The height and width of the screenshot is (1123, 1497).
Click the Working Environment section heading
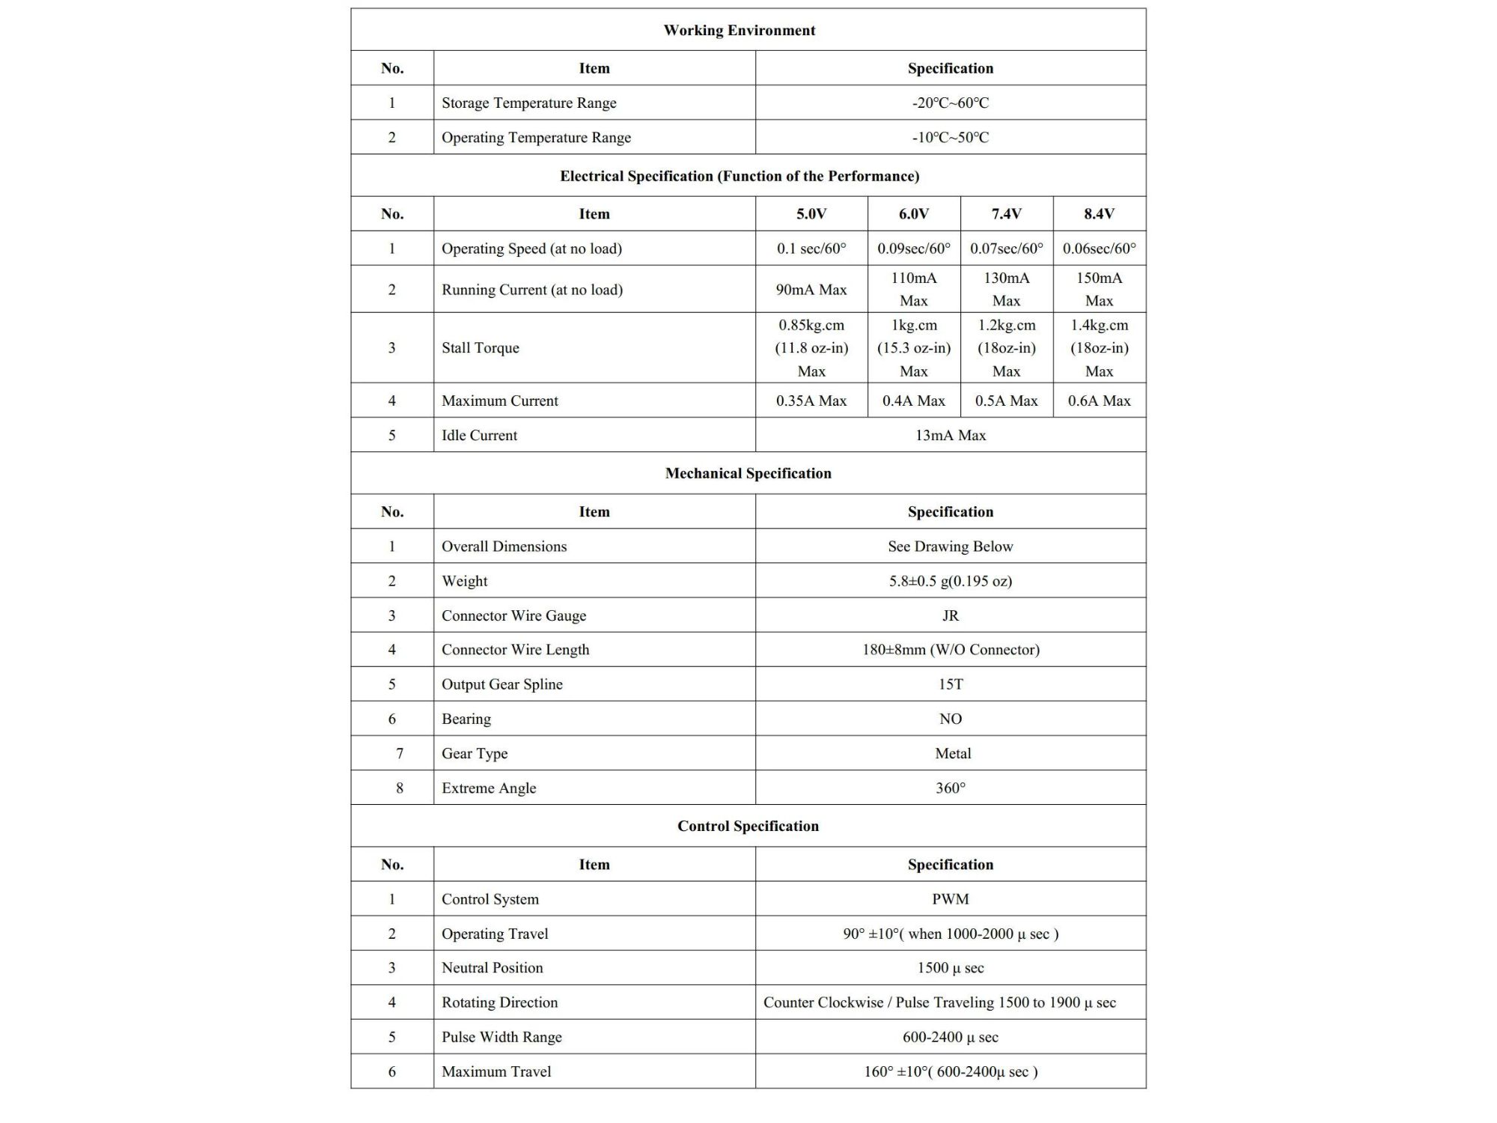739,31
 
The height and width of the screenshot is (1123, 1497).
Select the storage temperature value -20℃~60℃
950,103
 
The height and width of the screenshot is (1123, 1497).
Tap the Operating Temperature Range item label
536,138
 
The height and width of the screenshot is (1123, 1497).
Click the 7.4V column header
1006,214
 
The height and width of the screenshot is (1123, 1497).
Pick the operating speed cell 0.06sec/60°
1099,249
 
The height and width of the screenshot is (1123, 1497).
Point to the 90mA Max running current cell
811,290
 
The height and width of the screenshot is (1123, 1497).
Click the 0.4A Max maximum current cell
913,401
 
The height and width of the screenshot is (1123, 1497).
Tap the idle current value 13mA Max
950,436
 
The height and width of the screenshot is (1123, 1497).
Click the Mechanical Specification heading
748,473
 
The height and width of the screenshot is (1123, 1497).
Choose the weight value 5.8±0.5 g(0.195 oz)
950,581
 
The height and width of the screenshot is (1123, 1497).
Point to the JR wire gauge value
950,615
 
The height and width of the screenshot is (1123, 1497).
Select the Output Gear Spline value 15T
950,684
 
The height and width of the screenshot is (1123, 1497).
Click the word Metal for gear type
952,754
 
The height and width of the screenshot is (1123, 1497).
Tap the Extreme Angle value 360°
950,788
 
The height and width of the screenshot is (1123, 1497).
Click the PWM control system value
950,899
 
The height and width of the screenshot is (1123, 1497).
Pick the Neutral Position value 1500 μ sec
950,968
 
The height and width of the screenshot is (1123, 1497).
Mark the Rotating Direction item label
499,1002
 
